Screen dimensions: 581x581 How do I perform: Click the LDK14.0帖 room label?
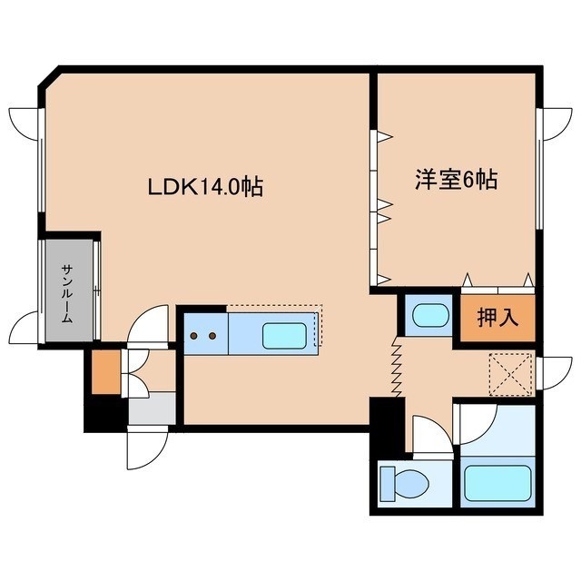pyautogui.click(x=206, y=187)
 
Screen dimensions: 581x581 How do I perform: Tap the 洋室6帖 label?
pyautogui.click(x=456, y=180)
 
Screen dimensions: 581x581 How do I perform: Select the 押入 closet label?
pyautogui.click(x=497, y=318)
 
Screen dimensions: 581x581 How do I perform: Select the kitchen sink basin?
pyautogui.click(x=284, y=336)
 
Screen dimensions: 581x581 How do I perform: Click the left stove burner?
pyautogui.click(x=193, y=336)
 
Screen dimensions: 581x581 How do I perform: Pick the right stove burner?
pyautogui.click(x=212, y=336)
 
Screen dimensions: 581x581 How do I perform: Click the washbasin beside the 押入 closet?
pyautogui.click(x=430, y=315)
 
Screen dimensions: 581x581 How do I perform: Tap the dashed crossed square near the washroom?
pyautogui.click(x=510, y=375)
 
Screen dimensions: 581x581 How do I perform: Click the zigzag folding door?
pyautogui.click(x=398, y=367)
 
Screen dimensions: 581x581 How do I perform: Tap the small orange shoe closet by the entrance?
pyautogui.click(x=106, y=372)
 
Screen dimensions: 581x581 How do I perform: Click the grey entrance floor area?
pyautogui.click(x=152, y=409)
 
